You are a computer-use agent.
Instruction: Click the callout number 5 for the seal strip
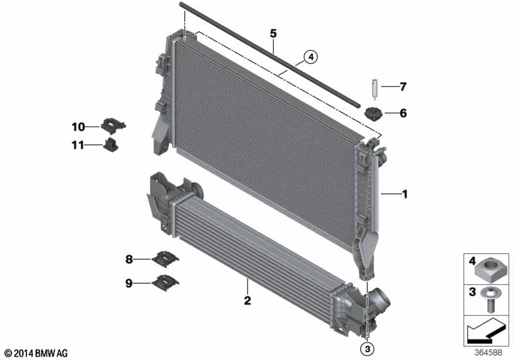pos(274,33)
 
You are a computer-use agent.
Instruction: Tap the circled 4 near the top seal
pos(311,57)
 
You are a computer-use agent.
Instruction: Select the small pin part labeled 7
pos(375,89)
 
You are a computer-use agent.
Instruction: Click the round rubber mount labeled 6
pos(373,114)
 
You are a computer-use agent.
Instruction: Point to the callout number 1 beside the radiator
pos(405,194)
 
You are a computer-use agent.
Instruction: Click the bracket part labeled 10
pos(113,125)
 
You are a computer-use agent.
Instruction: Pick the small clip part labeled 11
pos(111,145)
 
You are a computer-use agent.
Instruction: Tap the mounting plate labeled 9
pos(165,282)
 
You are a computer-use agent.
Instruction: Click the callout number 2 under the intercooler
pos(247,300)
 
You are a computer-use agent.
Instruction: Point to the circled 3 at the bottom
pos(367,349)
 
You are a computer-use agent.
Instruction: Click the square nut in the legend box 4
pos(490,270)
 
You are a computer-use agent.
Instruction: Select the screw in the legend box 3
pos(490,300)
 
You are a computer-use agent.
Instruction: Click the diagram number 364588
pos(488,352)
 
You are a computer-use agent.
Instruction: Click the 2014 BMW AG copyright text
pos(36,353)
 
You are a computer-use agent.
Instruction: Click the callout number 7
pos(403,87)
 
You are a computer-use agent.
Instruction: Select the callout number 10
pos(78,127)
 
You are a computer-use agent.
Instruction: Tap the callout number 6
pos(403,113)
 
